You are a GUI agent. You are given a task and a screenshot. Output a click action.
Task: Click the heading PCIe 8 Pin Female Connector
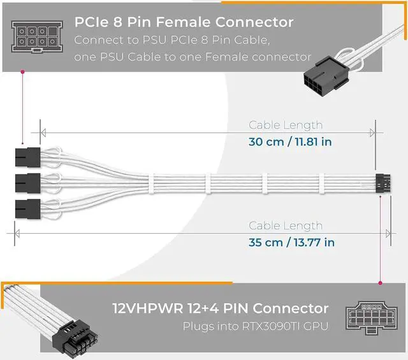click(x=184, y=22)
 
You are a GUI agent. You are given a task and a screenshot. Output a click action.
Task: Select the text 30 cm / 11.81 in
click(x=290, y=141)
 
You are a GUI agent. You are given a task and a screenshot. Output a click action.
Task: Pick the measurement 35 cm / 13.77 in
click(x=291, y=242)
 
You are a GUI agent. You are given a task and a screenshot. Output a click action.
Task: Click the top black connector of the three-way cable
click(x=25, y=155)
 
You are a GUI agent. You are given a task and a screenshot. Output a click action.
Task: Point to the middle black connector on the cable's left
click(x=25, y=182)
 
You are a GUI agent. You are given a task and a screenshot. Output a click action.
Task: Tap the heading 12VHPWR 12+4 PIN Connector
click(x=221, y=308)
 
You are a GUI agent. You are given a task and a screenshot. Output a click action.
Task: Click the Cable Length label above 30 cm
click(x=286, y=126)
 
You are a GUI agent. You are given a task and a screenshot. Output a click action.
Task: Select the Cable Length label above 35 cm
click(x=286, y=226)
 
